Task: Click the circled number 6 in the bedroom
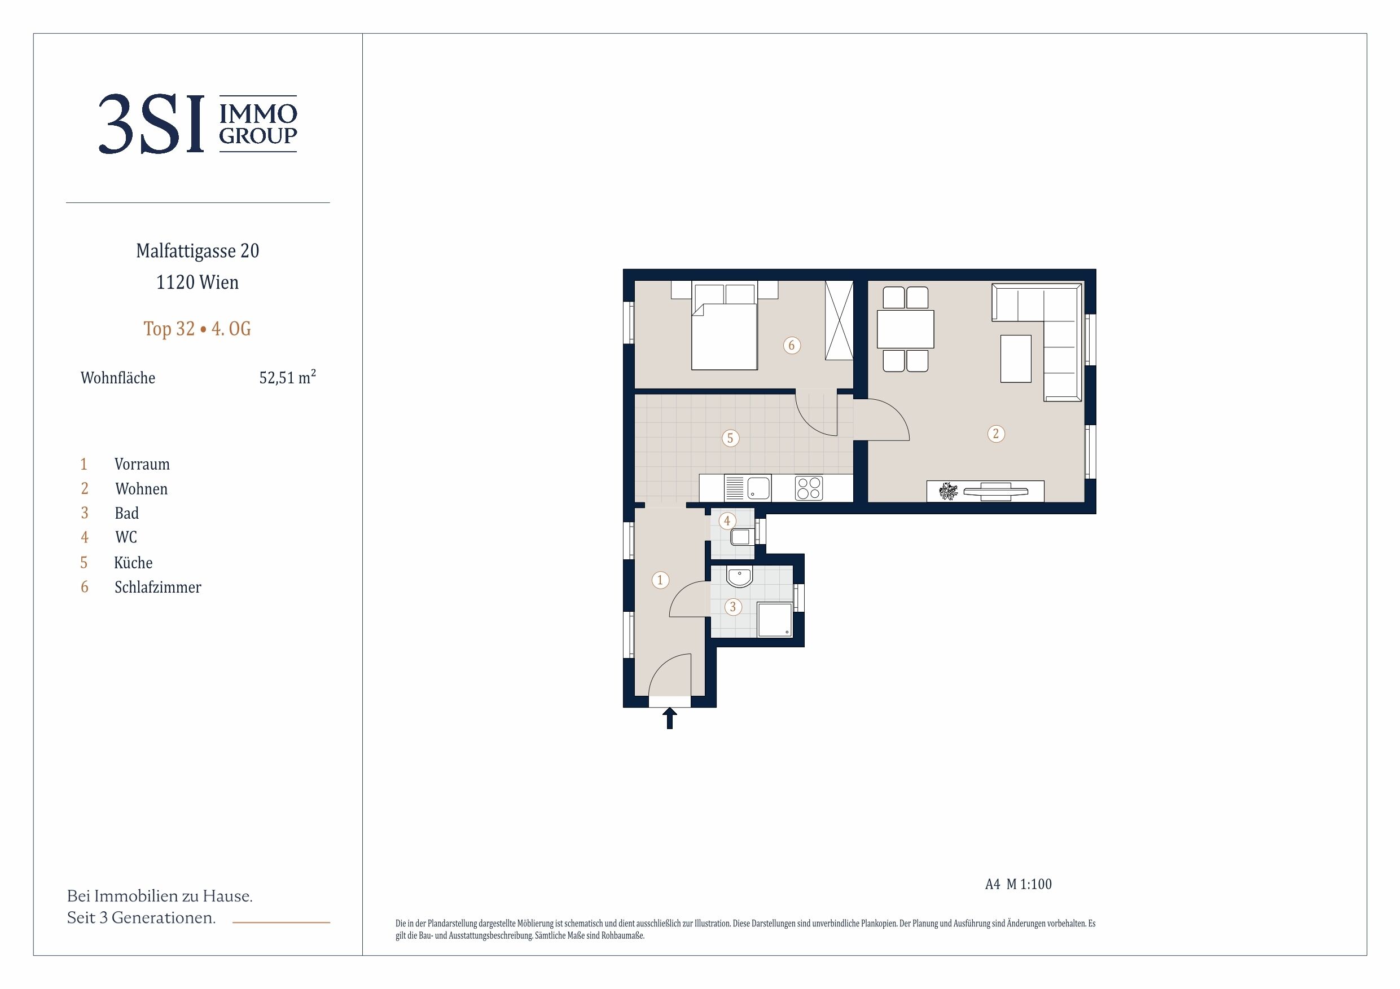(x=792, y=346)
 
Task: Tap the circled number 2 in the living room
(x=996, y=434)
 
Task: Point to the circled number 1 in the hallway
(x=660, y=580)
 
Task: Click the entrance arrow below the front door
(x=669, y=718)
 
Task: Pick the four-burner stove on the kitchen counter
(x=809, y=488)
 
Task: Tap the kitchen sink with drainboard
(x=747, y=488)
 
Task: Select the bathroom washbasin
(x=740, y=576)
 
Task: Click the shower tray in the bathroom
(x=775, y=620)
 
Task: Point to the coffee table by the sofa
(x=1016, y=359)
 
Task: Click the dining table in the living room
(x=906, y=329)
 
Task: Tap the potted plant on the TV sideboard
(x=948, y=491)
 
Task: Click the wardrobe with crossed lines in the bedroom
(x=839, y=320)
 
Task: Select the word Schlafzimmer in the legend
(x=158, y=588)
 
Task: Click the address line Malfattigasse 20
(x=198, y=250)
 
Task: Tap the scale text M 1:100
(x=1029, y=884)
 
